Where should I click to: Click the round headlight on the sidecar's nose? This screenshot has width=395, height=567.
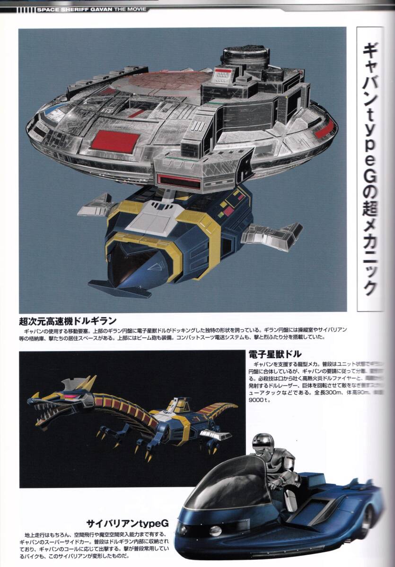click(215, 531)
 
